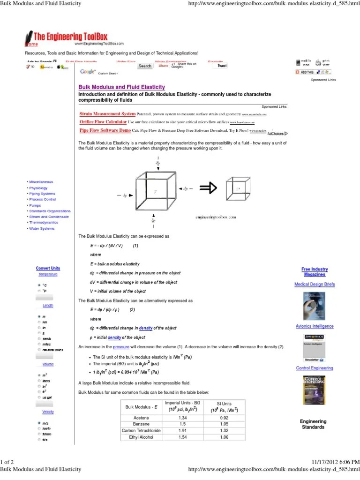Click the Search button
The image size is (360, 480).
coord(145,66)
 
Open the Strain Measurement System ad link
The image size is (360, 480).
coord(107,114)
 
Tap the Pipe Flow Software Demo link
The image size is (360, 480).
coord(105,130)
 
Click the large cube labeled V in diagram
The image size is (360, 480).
coord(155,192)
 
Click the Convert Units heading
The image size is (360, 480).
coord(48,268)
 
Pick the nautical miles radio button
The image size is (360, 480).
coord(39,350)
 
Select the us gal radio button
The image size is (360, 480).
coord(39,397)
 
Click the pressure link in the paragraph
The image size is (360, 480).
coord(121,346)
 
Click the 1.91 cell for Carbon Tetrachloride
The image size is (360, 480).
coord(183,430)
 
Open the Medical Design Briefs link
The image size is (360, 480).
coord(315,284)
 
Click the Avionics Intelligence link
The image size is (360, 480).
coord(315,326)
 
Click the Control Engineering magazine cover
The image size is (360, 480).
coord(315,389)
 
